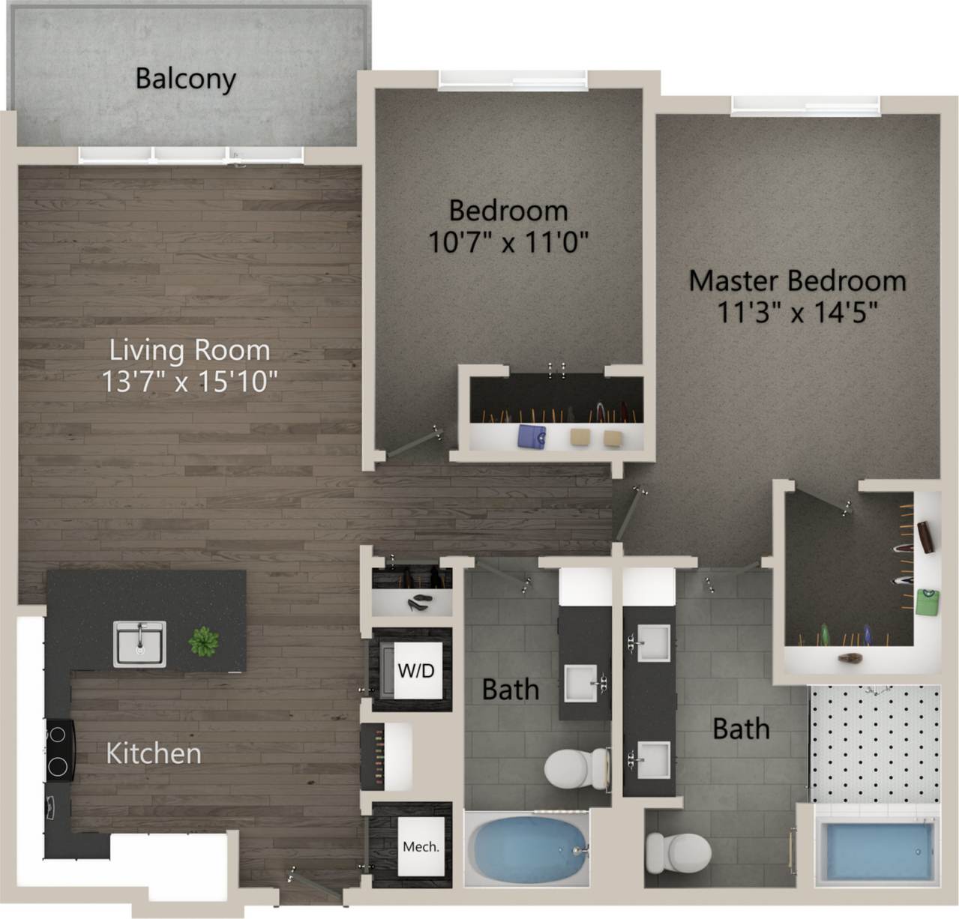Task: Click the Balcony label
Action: [x=185, y=79]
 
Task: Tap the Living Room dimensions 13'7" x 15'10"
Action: [x=190, y=382]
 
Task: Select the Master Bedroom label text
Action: [x=797, y=280]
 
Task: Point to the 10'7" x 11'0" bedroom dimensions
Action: [x=508, y=242]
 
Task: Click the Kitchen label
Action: [x=154, y=753]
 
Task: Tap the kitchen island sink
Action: [x=139, y=644]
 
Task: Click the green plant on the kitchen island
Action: [x=203, y=642]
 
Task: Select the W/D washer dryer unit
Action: [x=415, y=670]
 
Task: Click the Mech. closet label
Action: [x=421, y=846]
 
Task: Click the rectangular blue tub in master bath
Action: [x=875, y=852]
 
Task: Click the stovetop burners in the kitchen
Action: [x=58, y=750]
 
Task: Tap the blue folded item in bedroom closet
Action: [x=533, y=436]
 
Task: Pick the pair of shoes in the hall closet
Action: [x=418, y=603]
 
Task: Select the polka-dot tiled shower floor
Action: [x=874, y=742]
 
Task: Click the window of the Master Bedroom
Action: [x=805, y=106]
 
